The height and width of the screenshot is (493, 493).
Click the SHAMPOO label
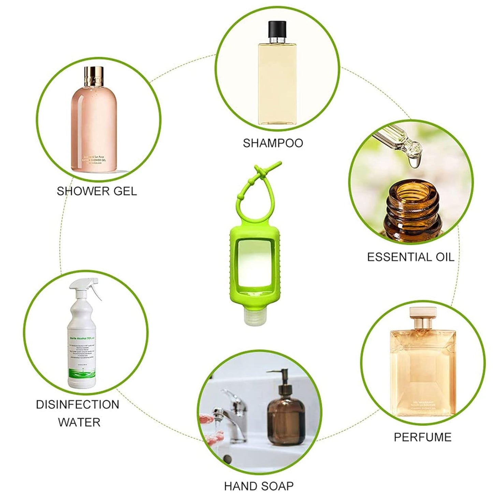click(x=273, y=143)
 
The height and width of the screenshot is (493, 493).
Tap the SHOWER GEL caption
click(x=97, y=191)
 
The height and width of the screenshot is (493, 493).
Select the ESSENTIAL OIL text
click(x=410, y=257)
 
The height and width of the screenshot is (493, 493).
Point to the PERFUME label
click(x=422, y=437)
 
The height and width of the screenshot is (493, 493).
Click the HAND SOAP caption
click(x=259, y=485)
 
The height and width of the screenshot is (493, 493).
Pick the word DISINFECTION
click(x=77, y=405)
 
